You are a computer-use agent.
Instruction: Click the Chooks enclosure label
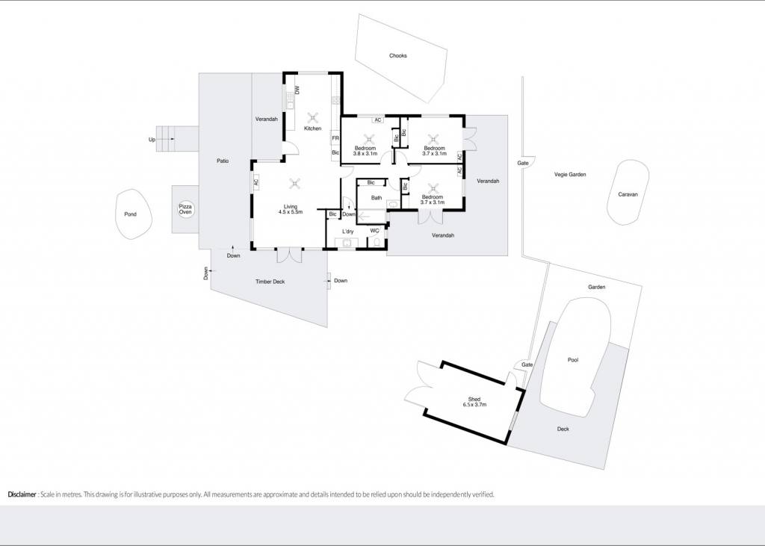[397, 55]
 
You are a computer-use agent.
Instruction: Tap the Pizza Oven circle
[185, 209]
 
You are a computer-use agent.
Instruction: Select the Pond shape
[134, 214]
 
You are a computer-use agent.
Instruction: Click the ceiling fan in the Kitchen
[313, 117]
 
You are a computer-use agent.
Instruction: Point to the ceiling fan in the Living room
[294, 184]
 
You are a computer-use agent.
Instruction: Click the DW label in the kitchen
[297, 90]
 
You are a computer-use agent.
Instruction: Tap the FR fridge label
[335, 139]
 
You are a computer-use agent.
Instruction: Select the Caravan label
[628, 194]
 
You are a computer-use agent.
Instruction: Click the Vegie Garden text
[570, 174]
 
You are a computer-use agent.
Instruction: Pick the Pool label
[573, 360]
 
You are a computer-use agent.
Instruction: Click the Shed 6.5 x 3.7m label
[474, 402]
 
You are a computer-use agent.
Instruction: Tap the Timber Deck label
[270, 282]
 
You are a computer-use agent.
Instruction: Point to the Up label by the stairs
[152, 140]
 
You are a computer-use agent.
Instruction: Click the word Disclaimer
[22, 494]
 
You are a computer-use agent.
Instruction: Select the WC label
[374, 231]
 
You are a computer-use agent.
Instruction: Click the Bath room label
[377, 198]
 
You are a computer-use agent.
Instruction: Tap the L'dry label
[348, 232]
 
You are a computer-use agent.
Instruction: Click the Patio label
[223, 161]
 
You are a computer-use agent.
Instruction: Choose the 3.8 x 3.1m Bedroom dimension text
[365, 154]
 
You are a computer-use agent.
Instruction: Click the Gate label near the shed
[527, 364]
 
